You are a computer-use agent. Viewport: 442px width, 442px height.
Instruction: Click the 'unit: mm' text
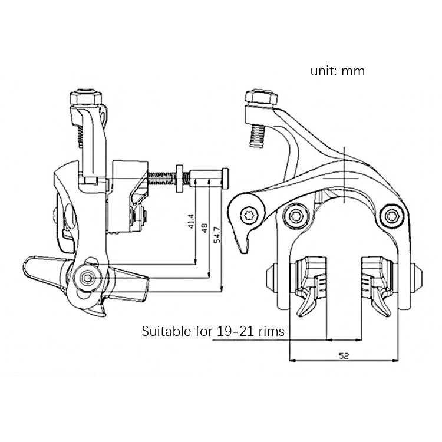click(x=338, y=71)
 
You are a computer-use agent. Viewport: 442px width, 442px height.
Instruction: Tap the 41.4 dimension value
click(x=191, y=222)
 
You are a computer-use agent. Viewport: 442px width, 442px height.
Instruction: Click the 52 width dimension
click(x=344, y=356)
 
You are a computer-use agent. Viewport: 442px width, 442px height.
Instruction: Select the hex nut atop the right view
click(x=262, y=97)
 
